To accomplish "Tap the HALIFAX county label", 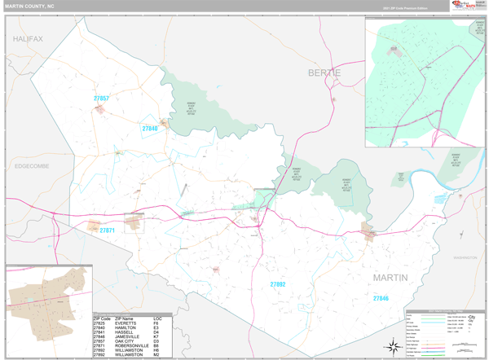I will (28, 39).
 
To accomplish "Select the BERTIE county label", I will (324, 73).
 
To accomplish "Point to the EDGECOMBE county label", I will (32, 165).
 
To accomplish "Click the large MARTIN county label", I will (390, 278).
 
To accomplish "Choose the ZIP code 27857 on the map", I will (101, 99).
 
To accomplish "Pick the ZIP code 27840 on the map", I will (150, 129).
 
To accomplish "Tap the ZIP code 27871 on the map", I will (108, 231).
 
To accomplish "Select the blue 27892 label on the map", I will (278, 284).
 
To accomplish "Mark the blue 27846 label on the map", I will (381, 299).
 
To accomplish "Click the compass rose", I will (393, 347).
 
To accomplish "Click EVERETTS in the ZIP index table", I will (126, 323).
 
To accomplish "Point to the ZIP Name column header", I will (125, 318).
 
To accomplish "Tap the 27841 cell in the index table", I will (100, 331).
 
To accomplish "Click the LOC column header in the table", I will (157, 318).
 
